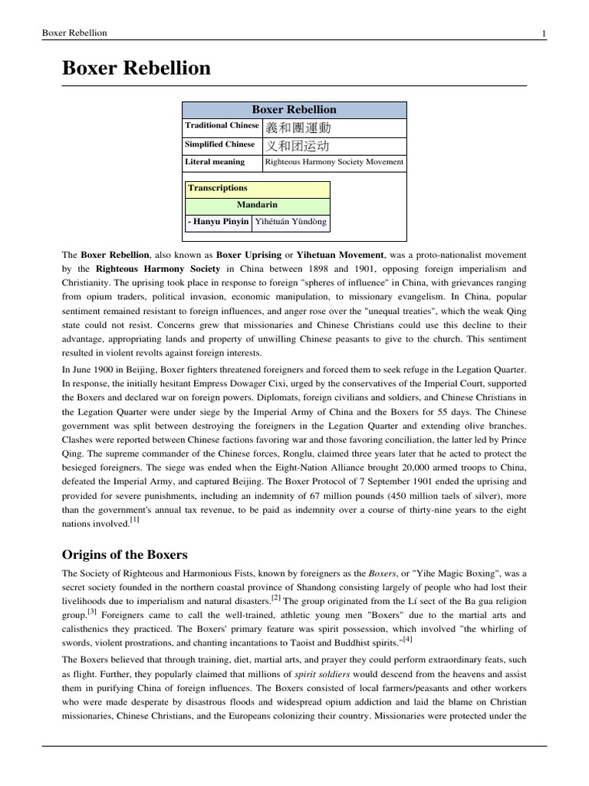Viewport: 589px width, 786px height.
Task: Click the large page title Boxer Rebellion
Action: [x=136, y=68]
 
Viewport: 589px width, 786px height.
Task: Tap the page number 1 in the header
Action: [x=543, y=33]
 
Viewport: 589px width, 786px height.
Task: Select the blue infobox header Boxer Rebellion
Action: [x=294, y=109]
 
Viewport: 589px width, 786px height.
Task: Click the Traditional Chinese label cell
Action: [x=222, y=125]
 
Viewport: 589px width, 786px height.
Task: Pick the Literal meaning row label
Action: [x=215, y=162]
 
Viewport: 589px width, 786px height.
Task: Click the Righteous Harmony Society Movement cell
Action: [x=334, y=162]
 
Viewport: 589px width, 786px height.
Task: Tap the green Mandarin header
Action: [x=258, y=205]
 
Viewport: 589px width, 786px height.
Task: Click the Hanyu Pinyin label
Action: [x=219, y=222]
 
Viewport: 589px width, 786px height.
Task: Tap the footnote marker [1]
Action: [x=134, y=520]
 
